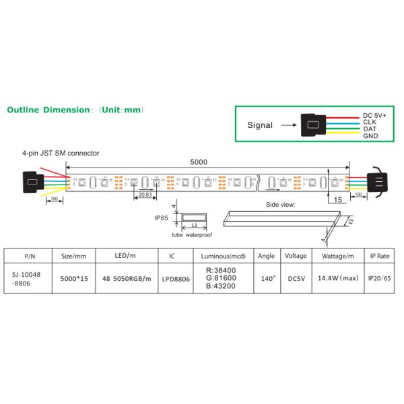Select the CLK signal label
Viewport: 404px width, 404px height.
click(x=369, y=122)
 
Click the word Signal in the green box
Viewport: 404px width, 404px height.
click(x=260, y=125)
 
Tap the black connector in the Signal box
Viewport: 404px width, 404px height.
click(x=312, y=125)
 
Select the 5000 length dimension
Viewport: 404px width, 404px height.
click(x=199, y=162)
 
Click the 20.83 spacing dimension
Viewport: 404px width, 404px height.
click(x=143, y=195)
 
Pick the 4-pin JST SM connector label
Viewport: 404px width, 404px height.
click(x=61, y=154)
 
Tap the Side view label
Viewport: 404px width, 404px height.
click(x=281, y=203)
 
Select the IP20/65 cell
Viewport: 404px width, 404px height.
click(x=379, y=277)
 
